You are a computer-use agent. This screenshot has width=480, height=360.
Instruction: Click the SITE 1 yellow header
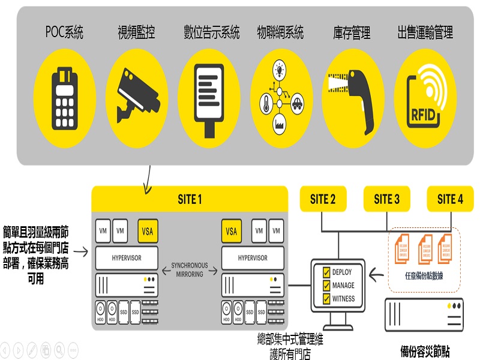click(190, 199)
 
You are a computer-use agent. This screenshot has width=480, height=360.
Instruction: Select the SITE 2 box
click(322, 199)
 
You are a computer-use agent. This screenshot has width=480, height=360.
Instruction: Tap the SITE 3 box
click(386, 199)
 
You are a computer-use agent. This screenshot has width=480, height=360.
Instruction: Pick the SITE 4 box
click(450, 199)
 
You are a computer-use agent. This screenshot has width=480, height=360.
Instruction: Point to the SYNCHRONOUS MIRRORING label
click(190, 269)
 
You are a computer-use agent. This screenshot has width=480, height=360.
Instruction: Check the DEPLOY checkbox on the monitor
click(326, 272)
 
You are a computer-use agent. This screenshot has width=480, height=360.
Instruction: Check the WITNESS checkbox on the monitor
click(326, 299)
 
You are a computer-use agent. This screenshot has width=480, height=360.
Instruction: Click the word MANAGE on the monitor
click(343, 286)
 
